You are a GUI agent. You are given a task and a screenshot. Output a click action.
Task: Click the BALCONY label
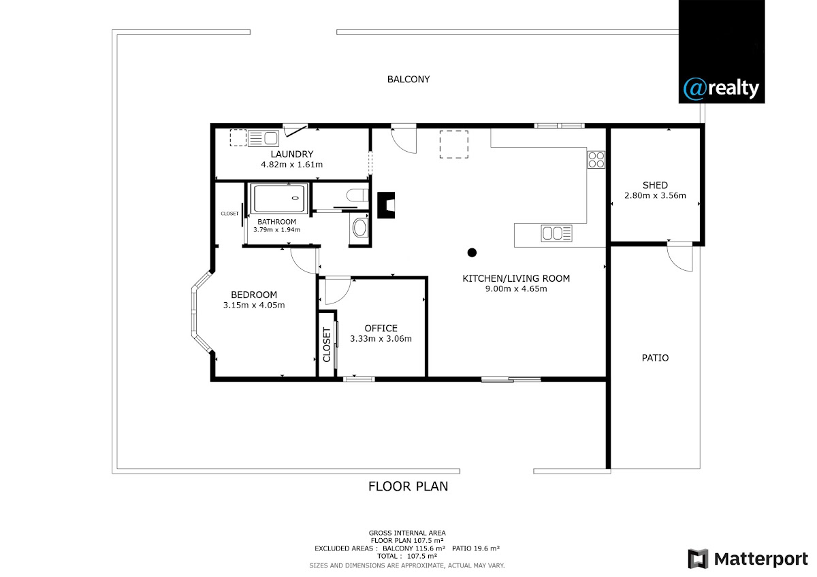pos(408,79)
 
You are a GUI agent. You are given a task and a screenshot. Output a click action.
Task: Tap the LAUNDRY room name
pos(292,154)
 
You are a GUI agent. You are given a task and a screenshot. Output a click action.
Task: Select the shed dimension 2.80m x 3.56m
pos(655,195)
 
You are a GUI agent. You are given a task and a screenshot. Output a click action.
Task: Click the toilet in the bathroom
pos(357,195)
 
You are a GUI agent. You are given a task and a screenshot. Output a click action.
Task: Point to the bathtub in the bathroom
pos(279,198)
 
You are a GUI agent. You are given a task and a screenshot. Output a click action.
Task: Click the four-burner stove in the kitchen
pos(596,160)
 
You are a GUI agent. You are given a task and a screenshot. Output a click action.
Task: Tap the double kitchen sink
pos(556,233)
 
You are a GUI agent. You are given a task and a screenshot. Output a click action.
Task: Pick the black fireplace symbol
pos(386,205)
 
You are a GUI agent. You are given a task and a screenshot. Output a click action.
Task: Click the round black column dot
pos(472,252)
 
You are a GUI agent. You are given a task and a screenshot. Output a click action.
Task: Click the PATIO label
pos(655,358)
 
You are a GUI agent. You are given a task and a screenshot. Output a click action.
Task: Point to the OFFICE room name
pos(381,328)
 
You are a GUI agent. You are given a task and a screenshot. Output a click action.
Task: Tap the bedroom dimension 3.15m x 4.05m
pos(254,305)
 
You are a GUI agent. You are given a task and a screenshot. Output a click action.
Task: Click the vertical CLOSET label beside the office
pos(326,345)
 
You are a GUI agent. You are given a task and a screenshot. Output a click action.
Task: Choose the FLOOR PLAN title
pos(408,487)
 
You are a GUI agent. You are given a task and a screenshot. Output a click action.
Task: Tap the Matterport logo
pos(748,559)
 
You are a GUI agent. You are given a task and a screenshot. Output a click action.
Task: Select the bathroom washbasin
pos(359,228)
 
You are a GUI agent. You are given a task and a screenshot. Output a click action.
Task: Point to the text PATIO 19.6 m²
pos(476,548)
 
